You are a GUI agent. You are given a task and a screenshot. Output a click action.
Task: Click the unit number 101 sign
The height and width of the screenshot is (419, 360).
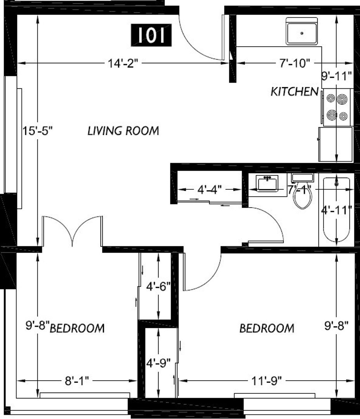151,35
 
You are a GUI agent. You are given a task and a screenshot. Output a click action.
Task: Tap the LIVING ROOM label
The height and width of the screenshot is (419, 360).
123,131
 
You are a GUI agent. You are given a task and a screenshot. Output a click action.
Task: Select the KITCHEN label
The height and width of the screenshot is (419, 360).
294,92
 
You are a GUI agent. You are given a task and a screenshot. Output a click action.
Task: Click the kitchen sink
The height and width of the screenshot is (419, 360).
302,31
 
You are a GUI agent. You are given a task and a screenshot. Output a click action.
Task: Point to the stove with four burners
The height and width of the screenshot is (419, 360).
337,107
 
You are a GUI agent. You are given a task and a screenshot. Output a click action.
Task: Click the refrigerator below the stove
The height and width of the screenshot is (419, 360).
336,144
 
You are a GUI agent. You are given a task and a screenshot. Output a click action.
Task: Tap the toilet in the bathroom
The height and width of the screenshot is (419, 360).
303,191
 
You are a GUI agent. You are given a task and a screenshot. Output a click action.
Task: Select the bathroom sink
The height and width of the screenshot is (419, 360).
267,183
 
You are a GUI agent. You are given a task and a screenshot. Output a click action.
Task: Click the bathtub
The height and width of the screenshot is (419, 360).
336,209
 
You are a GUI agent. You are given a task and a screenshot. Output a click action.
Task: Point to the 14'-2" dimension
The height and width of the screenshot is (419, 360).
123,63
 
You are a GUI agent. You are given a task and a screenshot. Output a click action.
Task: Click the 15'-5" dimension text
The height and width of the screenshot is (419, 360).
38,131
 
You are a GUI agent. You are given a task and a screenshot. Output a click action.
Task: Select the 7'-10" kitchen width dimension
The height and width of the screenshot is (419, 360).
295,63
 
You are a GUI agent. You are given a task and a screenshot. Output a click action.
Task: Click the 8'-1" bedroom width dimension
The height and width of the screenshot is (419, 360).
77,381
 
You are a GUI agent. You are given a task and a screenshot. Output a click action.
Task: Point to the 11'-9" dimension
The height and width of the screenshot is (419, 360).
267,381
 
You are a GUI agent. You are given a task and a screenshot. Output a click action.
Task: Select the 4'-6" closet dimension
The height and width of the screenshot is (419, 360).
159,287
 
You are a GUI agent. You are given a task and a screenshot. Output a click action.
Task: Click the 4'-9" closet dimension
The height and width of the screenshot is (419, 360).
159,363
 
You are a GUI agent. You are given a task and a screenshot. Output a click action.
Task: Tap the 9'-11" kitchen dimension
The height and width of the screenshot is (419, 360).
336,76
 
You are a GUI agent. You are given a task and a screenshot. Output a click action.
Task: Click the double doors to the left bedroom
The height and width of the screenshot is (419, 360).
72,231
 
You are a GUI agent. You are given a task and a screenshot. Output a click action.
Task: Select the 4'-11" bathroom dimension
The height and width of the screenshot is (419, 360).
336,210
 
